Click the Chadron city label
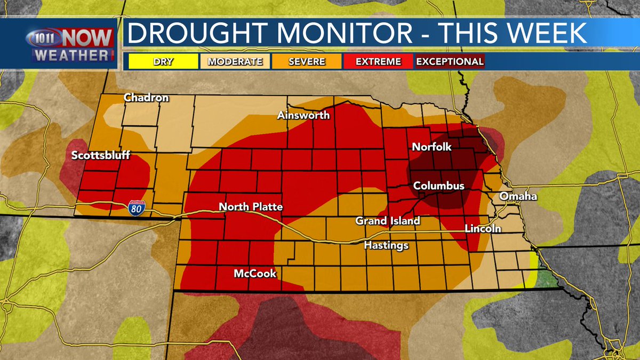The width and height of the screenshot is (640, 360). pos(146,98)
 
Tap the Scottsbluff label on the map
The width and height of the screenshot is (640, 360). pos(101,156)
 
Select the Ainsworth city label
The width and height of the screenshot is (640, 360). pos(303,115)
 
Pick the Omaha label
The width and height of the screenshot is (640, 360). pos(518,197)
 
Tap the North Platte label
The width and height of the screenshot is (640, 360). pos(251,207)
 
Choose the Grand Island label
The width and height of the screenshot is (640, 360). pos(388,220)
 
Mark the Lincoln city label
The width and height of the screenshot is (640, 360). pos(483,229)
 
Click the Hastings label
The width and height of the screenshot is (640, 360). pos(386,245)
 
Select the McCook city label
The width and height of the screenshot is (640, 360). pos(255,274)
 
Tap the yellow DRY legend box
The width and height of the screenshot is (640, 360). pos(163,61)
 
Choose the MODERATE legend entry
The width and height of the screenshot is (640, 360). pos(235,61)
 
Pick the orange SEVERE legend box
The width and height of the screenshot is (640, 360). pos(307,61)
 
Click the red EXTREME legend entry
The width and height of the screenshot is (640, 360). pos(378,61)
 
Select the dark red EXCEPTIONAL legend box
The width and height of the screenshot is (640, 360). pos(450,61)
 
